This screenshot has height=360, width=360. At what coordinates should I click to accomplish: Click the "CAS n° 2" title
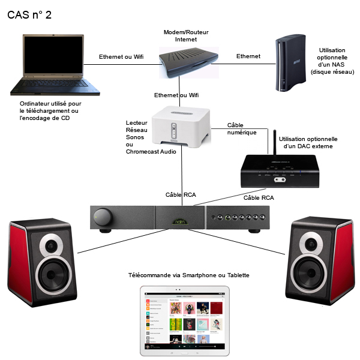[29, 14]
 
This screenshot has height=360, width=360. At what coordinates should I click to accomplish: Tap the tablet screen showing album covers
[181, 321]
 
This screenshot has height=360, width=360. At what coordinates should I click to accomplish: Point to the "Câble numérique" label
[242, 128]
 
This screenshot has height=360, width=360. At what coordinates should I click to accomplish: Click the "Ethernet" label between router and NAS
[248, 56]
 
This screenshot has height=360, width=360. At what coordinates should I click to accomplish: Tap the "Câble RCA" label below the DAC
[259, 197]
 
